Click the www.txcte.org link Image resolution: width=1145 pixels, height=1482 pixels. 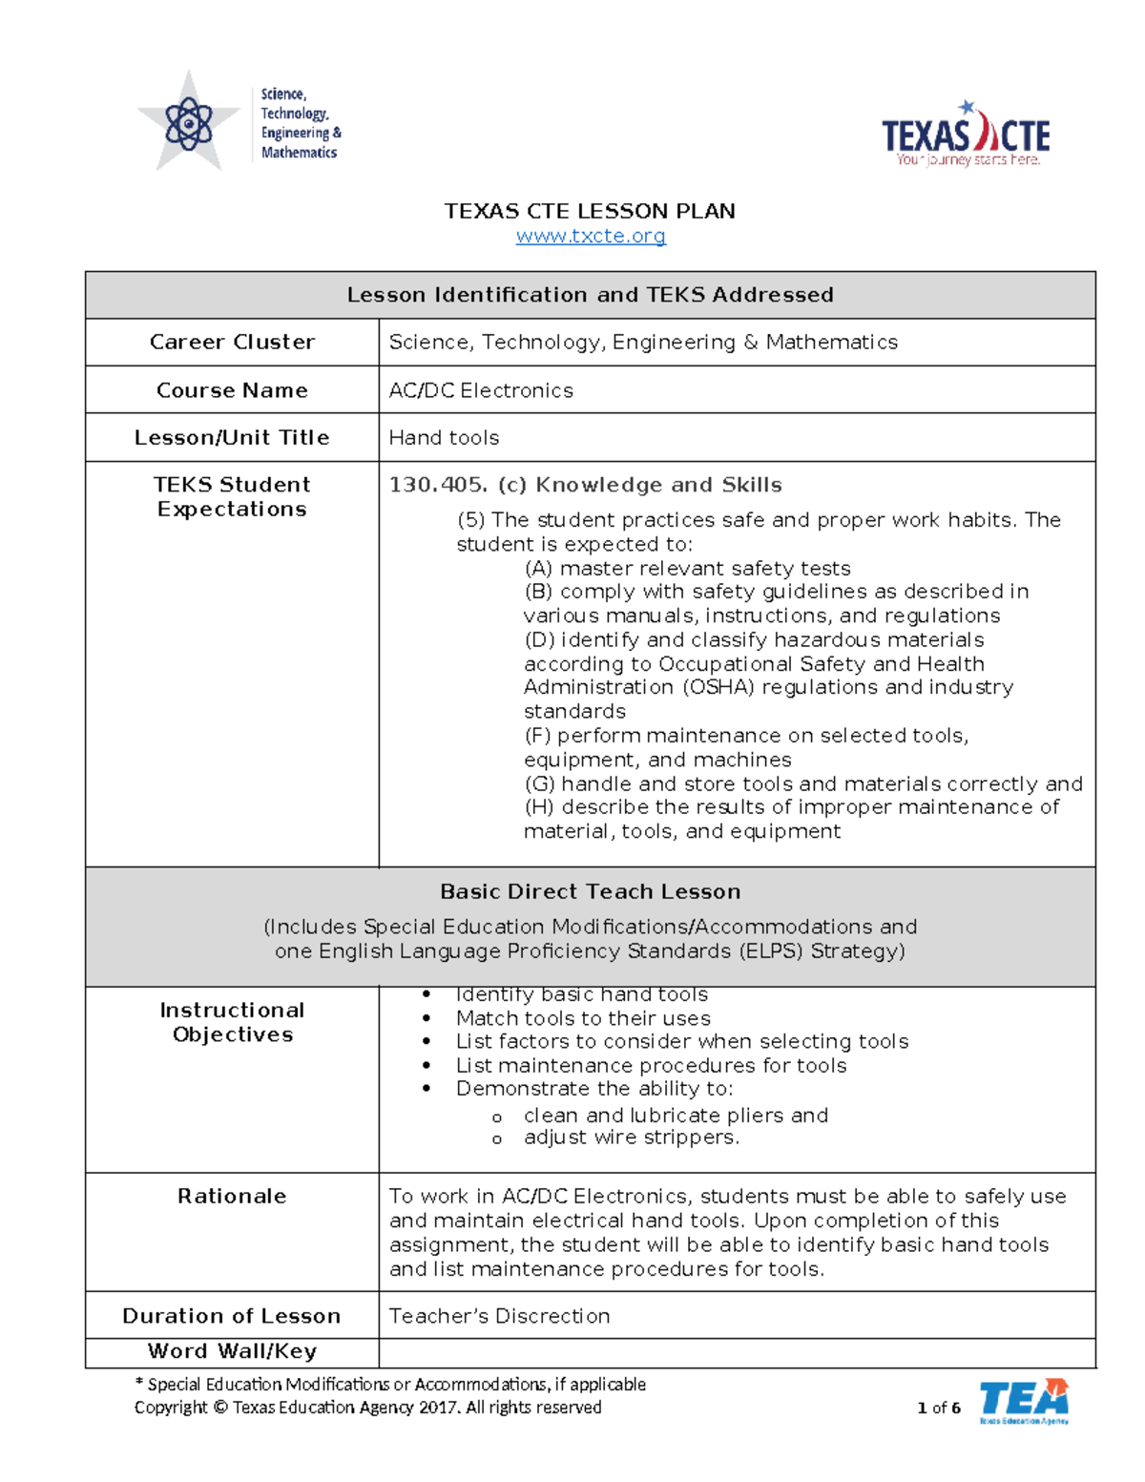pyautogui.click(x=591, y=236)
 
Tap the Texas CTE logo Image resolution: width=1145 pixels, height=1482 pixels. pyautogui.click(x=966, y=136)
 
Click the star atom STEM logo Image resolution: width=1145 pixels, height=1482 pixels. pyautogui.click(x=190, y=123)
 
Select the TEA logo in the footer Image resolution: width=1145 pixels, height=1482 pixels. pyautogui.click(x=1023, y=1401)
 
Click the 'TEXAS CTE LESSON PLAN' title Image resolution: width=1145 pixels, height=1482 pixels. pyautogui.click(x=590, y=211)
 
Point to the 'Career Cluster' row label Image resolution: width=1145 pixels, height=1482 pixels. pyautogui.click(x=232, y=342)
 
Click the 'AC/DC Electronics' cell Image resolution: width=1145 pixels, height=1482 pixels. pyautogui.click(x=481, y=390)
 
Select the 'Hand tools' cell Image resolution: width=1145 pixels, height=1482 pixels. pyautogui.click(x=444, y=438)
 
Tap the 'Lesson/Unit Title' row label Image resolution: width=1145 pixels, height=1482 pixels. pyautogui.click(x=232, y=438)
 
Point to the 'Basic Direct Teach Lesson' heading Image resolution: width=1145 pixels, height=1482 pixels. pyautogui.click(x=590, y=891)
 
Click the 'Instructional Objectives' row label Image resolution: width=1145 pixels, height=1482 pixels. pyautogui.click(x=232, y=1022)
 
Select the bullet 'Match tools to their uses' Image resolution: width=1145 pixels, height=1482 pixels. pyautogui.click(x=583, y=1018)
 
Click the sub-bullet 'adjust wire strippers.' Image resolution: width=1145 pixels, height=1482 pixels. pyautogui.click(x=631, y=1138)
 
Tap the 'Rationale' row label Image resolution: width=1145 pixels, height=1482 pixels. pyautogui.click(x=232, y=1197)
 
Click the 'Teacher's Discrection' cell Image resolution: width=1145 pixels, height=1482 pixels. pyautogui.click(x=499, y=1316)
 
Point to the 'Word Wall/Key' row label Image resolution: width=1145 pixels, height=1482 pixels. pyautogui.click(x=232, y=1351)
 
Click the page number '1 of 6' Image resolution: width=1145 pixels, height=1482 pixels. pyautogui.click(x=939, y=1408)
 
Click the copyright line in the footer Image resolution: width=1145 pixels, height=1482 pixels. pyautogui.click(x=367, y=1408)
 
